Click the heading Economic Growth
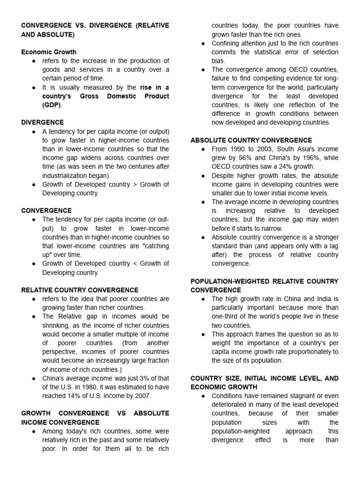point(49,52)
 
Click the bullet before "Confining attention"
point(202,44)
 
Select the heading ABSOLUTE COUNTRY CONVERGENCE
point(251,140)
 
